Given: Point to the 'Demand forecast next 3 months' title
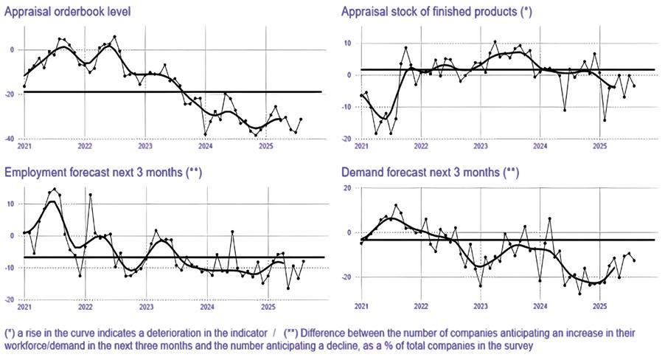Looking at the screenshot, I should [428, 172].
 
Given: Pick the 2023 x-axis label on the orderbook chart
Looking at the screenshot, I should [145, 146].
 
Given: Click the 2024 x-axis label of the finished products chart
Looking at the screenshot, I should [540, 146].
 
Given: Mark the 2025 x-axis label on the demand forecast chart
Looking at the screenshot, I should [599, 305].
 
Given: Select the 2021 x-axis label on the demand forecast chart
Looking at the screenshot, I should [361, 305].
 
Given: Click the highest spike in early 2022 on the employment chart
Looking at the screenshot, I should [90, 195].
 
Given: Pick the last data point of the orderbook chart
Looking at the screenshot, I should [301, 119].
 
